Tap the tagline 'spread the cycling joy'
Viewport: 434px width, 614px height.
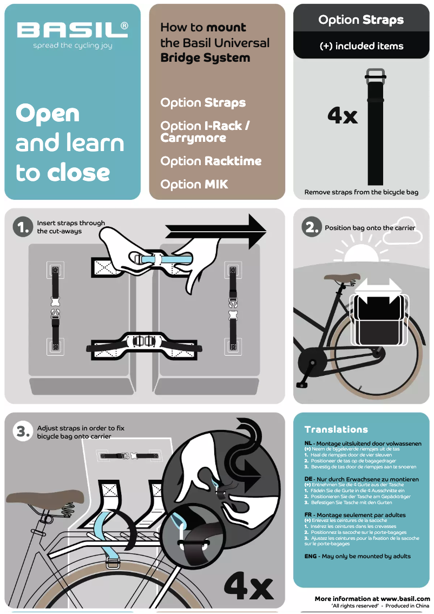point(73,46)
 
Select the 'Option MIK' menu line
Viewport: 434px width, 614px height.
point(194,185)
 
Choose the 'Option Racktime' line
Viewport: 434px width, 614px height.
point(211,161)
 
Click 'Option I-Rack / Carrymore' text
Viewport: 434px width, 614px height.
point(205,132)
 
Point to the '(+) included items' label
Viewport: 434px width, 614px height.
point(361,47)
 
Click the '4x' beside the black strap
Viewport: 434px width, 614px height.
point(342,116)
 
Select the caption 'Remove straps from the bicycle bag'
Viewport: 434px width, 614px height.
point(361,192)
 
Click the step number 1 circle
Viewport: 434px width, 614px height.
point(23,227)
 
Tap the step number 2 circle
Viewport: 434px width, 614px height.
point(311,227)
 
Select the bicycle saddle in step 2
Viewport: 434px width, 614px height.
point(341,279)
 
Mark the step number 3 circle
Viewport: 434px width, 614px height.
point(23,432)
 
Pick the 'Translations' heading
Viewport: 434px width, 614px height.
point(336,429)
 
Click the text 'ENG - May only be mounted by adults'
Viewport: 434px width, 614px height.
point(357,556)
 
